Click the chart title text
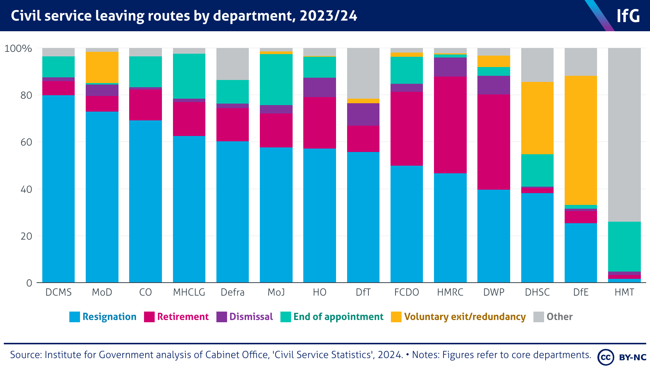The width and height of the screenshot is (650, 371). [184, 16]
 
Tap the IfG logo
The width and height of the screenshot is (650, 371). [628, 16]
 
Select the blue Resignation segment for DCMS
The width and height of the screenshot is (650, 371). [58, 189]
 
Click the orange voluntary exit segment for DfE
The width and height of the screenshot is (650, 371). [581, 140]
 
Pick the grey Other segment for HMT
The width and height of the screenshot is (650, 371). [624, 134]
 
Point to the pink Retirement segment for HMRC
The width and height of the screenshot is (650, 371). [450, 125]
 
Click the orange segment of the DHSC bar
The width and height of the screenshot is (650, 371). [537, 118]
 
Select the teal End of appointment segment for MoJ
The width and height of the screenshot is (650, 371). [276, 79]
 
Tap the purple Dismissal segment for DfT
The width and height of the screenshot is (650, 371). [363, 114]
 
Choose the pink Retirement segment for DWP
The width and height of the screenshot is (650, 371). [493, 142]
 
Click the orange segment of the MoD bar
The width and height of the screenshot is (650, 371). [102, 67]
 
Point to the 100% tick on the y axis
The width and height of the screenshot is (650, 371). [18, 48]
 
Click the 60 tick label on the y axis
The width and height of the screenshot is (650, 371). [26, 142]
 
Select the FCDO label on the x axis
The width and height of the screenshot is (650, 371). [407, 292]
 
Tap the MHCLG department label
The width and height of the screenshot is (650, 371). [189, 292]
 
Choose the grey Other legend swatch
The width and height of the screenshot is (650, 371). [538, 317]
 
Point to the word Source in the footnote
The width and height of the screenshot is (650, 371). [26, 355]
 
